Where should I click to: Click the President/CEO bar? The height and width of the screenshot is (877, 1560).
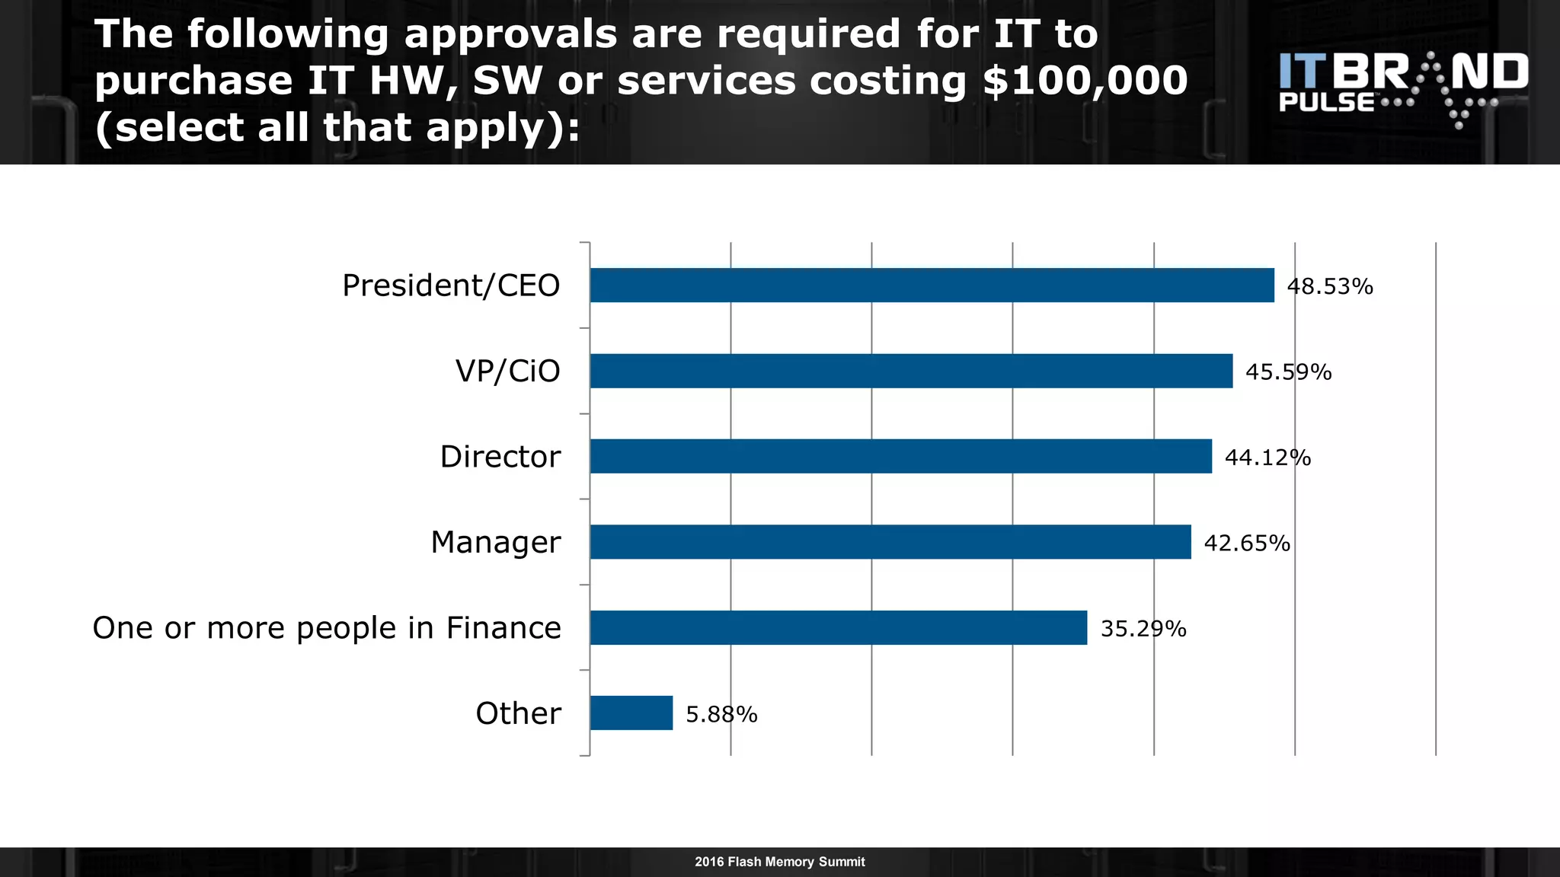(931, 285)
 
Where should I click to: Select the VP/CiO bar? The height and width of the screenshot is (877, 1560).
(910, 371)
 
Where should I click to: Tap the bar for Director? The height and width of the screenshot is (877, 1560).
(900, 456)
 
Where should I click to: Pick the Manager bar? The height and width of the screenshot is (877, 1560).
(890, 542)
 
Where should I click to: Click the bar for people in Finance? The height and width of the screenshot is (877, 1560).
(838, 627)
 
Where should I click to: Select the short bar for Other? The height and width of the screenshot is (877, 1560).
(631, 713)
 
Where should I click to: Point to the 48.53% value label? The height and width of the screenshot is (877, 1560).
(1329, 287)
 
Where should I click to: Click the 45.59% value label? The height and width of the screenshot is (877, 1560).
(1288, 372)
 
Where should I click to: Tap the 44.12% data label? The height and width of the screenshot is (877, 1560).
(1267, 458)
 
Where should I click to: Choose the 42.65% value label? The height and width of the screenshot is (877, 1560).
(1247, 544)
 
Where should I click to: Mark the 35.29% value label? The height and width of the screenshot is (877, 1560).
(1143, 629)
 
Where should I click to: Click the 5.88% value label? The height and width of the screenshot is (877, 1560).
(721, 715)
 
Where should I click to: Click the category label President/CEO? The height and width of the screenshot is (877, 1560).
(451, 286)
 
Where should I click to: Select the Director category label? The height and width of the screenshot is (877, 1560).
(500, 457)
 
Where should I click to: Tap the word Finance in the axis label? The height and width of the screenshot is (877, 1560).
(503, 628)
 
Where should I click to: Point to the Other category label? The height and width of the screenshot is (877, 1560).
(518, 714)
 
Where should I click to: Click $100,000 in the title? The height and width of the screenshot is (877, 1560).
(1085, 81)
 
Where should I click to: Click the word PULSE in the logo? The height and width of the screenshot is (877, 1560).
(1326, 103)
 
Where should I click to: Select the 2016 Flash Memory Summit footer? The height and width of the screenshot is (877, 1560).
(779, 862)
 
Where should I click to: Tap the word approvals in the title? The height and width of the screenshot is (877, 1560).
(510, 35)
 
